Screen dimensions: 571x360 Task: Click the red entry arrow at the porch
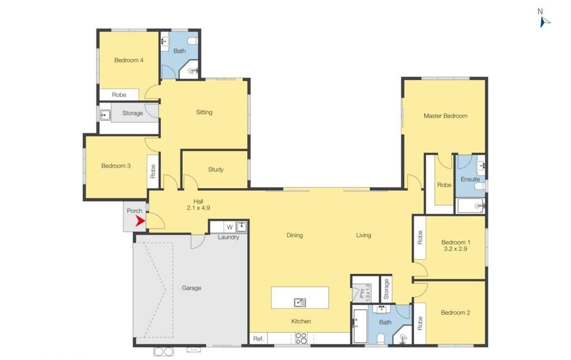[x=140, y=221]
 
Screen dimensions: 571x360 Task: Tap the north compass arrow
[x=544, y=22]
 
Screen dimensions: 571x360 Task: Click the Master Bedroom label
[x=446, y=116]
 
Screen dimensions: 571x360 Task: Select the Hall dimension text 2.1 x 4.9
[x=198, y=208]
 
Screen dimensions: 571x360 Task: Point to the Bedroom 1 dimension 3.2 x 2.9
[x=456, y=249]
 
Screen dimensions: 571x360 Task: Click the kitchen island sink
[x=299, y=302]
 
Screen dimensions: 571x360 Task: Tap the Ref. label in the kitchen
[x=258, y=339]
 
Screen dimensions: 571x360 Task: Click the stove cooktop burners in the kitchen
[x=301, y=338]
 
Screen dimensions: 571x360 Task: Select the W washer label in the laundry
[x=230, y=227]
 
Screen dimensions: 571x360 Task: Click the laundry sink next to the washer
[x=241, y=227]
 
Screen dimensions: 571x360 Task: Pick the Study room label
[x=216, y=169]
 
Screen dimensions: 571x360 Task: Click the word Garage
[x=191, y=288]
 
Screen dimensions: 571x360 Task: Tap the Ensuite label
[x=470, y=179]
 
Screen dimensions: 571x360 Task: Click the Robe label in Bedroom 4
[x=119, y=95]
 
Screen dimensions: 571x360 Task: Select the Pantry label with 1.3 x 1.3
[x=365, y=293]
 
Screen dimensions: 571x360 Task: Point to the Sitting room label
[x=204, y=112]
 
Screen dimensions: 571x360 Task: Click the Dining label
[x=294, y=235]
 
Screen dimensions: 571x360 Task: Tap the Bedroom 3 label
[x=116, y=166]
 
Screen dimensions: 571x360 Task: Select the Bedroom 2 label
[x=455, y=312]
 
